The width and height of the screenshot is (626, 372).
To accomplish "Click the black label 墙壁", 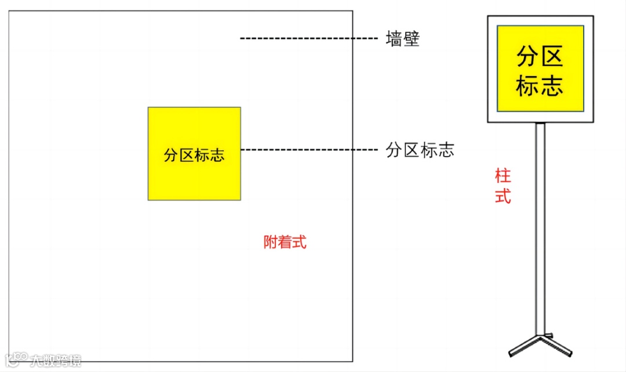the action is coord(402,39).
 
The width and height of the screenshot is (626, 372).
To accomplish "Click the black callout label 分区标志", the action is coord(420,150).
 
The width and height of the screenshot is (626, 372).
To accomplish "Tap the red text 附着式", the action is coord(285,242).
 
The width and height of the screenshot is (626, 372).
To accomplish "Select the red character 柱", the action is coord(503,176).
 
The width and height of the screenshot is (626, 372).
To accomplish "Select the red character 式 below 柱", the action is coord(503,196).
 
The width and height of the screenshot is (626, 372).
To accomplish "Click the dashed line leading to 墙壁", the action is coord(308,39).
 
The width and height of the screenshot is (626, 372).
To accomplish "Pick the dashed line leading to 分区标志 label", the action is coord(308,150).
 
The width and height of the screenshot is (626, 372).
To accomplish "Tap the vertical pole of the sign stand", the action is coord(540,232).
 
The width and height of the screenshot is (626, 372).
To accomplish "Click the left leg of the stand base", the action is coord(523,346).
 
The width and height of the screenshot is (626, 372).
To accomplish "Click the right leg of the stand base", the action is coord(557,345).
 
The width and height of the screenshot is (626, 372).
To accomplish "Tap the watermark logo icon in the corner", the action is coord(15,359).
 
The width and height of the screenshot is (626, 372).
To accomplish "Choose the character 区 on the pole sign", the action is coord(552,57).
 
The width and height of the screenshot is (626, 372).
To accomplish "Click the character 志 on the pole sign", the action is coord(552,85).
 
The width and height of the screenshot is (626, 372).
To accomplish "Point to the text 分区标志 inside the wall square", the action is coord(194,155).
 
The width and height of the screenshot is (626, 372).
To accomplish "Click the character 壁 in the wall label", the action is coord(411,39).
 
